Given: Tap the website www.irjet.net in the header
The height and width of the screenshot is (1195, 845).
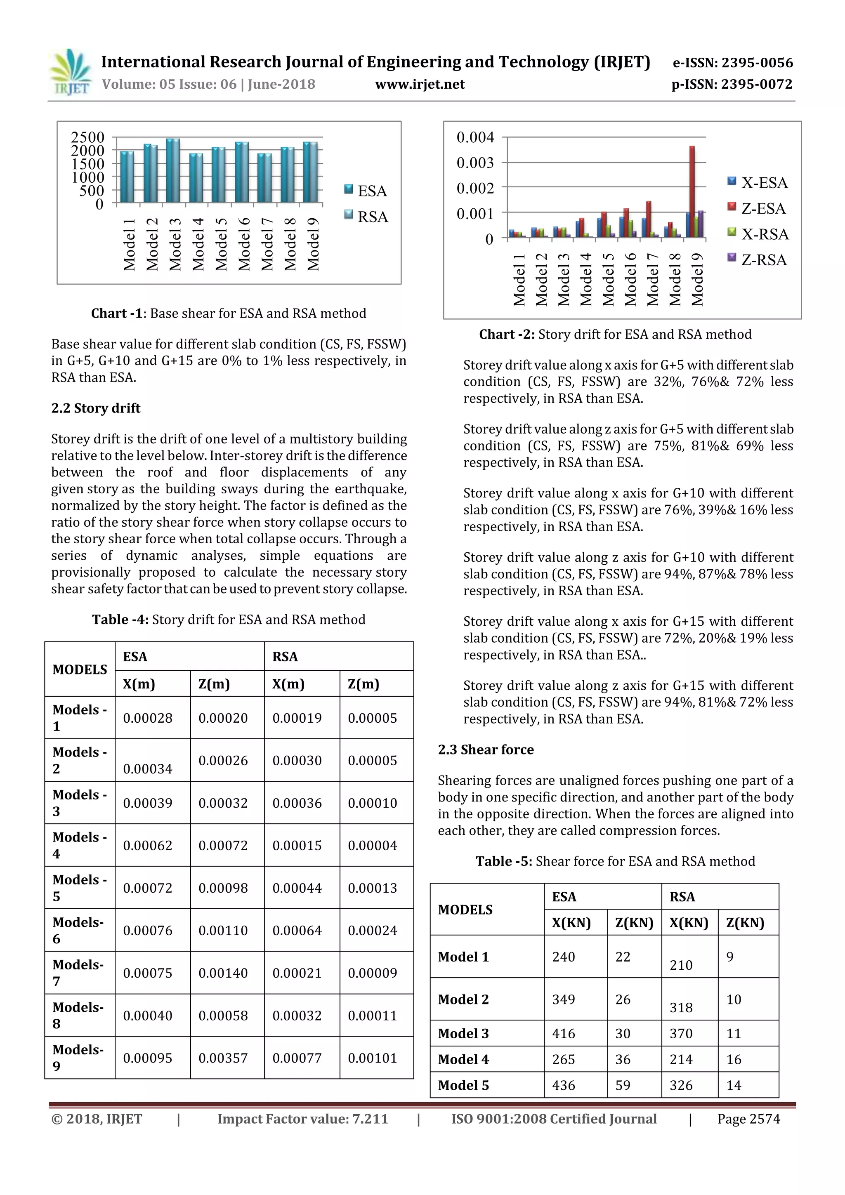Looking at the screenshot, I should [420, 84].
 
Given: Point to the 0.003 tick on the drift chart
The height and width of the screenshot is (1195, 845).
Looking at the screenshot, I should [475, 163].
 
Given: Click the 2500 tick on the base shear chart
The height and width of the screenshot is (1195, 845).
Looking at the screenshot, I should [87, 137].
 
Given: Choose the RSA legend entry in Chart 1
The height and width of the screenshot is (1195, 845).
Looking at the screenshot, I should [366, 216].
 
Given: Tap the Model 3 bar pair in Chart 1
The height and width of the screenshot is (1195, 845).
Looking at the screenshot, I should [172, 171].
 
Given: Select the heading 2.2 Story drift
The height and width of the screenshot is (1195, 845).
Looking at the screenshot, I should [96, 408].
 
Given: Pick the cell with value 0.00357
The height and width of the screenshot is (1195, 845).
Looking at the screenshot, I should [223, 1058].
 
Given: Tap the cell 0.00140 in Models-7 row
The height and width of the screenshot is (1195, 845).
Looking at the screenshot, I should [223, 973].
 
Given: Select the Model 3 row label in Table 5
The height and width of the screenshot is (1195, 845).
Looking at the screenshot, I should [463, 1033].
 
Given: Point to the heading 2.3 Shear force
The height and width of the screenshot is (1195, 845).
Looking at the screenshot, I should [485, 750].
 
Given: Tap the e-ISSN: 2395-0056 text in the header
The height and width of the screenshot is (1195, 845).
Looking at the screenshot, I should [732, 63].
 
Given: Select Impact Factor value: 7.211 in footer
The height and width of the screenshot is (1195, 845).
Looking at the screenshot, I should [302, 1119].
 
